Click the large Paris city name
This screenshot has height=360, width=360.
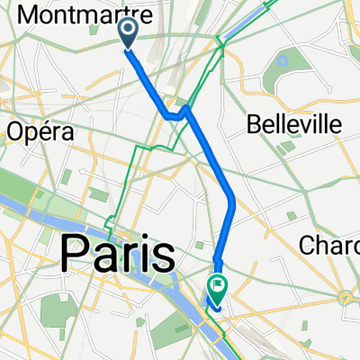[x=118, y=254]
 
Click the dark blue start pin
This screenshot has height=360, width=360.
[x=128, y=34]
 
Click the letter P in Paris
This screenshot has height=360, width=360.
[x=76, y=254]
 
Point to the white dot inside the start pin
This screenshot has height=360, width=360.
[x=128, y=31]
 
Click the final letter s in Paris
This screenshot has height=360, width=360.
[x=164, y=255]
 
